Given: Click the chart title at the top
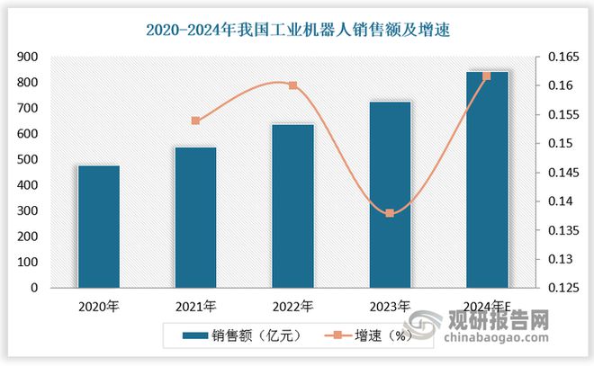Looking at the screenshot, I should pyautogui.click(x=298, y=30).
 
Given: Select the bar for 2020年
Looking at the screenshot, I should pyautogui.click(x=98, y=227).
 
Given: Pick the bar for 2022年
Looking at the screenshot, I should pyautogui.click(x=292, y=206).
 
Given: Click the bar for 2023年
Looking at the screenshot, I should pyautogui.click(x=390, y=195).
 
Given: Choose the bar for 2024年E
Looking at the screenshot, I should pyautogui.click(x=487, y=180).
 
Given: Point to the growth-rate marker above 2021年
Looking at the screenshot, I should pyautogui.click(x=195, y=121).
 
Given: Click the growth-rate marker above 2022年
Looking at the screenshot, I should pyautogui.click(x=292, y=85).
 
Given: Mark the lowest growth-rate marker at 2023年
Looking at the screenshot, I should pyautogui.click(x=390, y=213).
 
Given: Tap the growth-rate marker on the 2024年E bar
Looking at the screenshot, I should pyautogui.click(x=487, y=76).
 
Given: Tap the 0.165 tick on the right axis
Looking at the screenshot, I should pyautogui.click(x=558, y=57).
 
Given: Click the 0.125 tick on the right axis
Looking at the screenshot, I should pyautogui.click(x=558, y=289).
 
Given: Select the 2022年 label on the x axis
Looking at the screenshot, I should pyautogui.click(x=292, y=306).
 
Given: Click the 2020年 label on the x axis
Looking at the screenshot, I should pyautogui.click(x=98, y=306).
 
